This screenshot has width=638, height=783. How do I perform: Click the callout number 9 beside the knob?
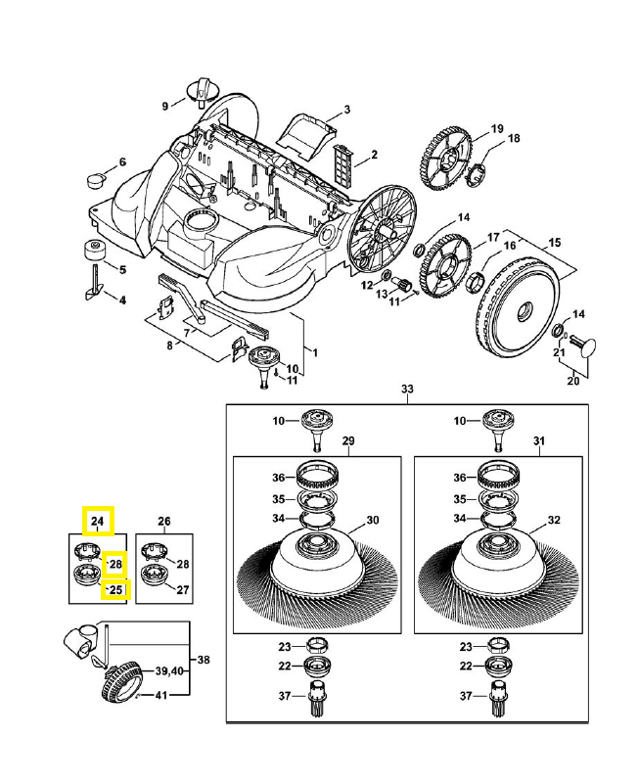[166, 105]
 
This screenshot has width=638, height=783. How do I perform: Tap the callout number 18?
[513, 138]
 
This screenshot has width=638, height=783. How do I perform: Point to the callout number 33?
[408, 390]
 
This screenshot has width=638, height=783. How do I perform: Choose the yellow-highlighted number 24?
[98, 521]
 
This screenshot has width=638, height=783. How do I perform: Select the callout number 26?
[164, 521]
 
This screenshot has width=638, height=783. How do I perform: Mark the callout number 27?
[183, 590]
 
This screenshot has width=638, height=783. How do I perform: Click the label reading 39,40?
[170, 670]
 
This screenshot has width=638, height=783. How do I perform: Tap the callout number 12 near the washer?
[368, 286]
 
